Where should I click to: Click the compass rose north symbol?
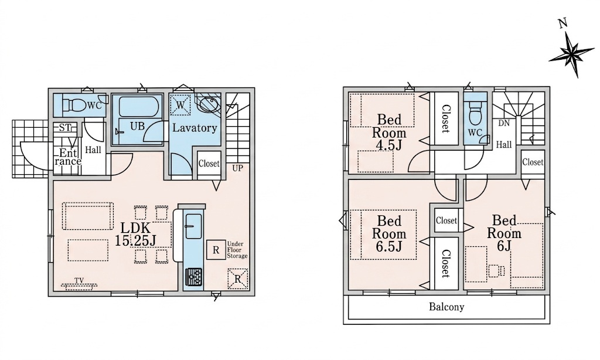[x=569, y=50]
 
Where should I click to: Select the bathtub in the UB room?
[x=137, y=107]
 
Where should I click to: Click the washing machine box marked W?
[x=180, y=104]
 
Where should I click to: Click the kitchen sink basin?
[x=193, y=226]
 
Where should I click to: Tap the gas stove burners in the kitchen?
[x=193, y=277]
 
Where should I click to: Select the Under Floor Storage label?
[x=237, y=250]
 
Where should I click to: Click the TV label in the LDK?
[x=79, y=281]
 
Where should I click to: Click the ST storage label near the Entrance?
[x=64, y=127]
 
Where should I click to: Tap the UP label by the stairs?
[x=237, y=168]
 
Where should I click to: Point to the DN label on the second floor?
[x=504, y=123]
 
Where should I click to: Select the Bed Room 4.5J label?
[x=389, y=132]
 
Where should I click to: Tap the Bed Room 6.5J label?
[x=389, y=233]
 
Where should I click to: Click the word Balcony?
[x=446, y=307]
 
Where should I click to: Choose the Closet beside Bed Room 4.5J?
[x=445, y=118]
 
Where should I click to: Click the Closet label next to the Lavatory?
[x=209, y=164]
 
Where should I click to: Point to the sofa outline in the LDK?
[x=88, y=216]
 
